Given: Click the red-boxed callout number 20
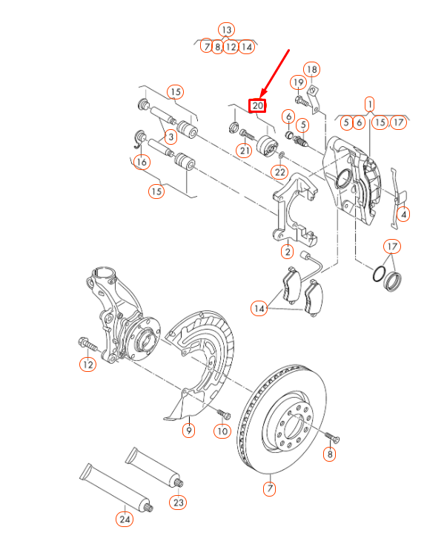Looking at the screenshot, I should point(257,106).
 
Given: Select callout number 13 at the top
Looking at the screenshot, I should point(226,30).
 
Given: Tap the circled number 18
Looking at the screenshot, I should point(312,70).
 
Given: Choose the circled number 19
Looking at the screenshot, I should point(298,82).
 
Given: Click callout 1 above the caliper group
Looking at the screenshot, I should point(369,104).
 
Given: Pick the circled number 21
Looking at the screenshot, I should point(244,151).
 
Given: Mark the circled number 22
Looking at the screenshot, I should point(279,172).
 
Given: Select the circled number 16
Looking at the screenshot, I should point(142,163).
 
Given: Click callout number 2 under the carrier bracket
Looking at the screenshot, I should point(287,252).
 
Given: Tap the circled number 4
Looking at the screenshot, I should point(403,215).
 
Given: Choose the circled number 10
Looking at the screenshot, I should point(222,431).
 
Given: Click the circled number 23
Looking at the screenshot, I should point(178,503).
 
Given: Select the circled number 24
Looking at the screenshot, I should point(125,520).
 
